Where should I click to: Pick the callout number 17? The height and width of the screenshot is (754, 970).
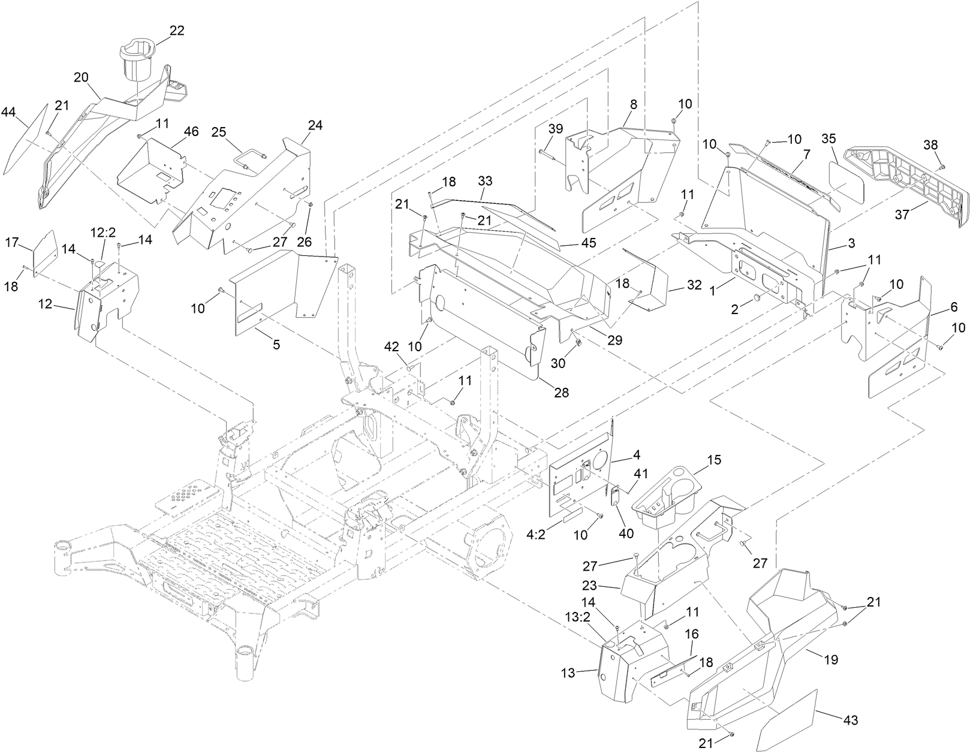(x=12, y=242)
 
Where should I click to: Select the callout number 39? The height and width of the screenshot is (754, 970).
(x=556, y=129)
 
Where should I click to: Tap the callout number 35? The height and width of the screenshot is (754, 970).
(x=829, y=138)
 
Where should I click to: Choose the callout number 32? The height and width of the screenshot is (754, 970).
(x=694, y=285)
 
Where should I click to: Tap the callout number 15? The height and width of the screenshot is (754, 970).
(x=714, y=460)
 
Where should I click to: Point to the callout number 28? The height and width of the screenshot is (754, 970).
(x=561, y=393)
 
